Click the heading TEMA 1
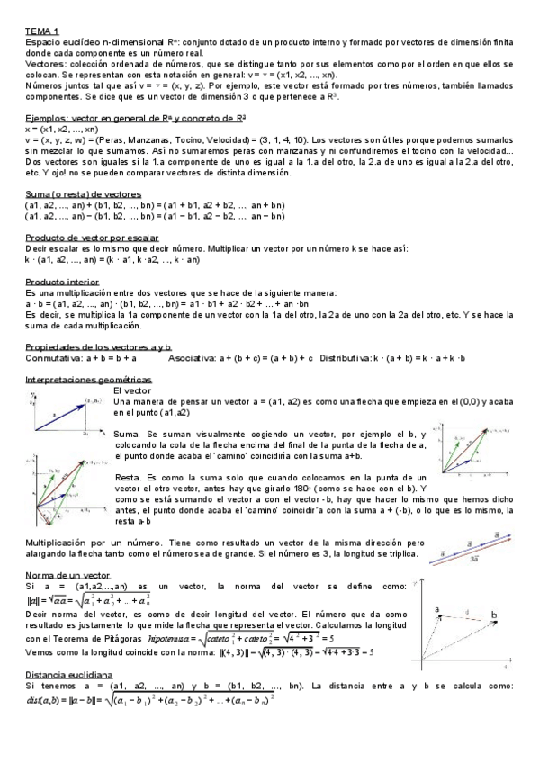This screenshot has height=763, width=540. pyautogui.click(x=41, y=31)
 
